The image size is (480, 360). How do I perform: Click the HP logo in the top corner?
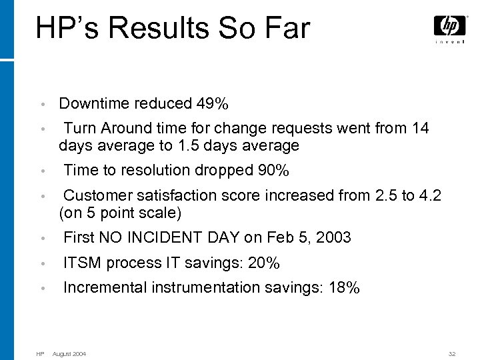coord(450,26)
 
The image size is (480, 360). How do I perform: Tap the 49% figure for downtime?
coord(213,104)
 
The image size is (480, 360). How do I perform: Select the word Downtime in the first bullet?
coord(94,104)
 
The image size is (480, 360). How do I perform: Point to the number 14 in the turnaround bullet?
coord(421,127)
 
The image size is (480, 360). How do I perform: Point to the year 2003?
coord(333,237)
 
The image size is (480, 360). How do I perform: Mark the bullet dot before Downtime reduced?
coord(42,105)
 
